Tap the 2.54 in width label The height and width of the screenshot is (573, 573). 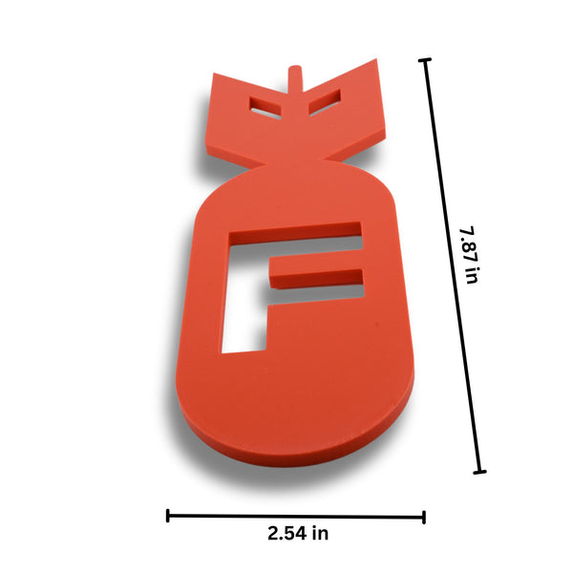coord(298,534)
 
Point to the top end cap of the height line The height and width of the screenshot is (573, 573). coord(424,60)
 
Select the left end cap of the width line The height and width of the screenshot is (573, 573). coord(168,516)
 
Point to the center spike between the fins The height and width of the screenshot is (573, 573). coord(296,78)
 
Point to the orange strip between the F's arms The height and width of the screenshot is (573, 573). coord(320,263)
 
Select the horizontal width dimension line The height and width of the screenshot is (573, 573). coord(296,516)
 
